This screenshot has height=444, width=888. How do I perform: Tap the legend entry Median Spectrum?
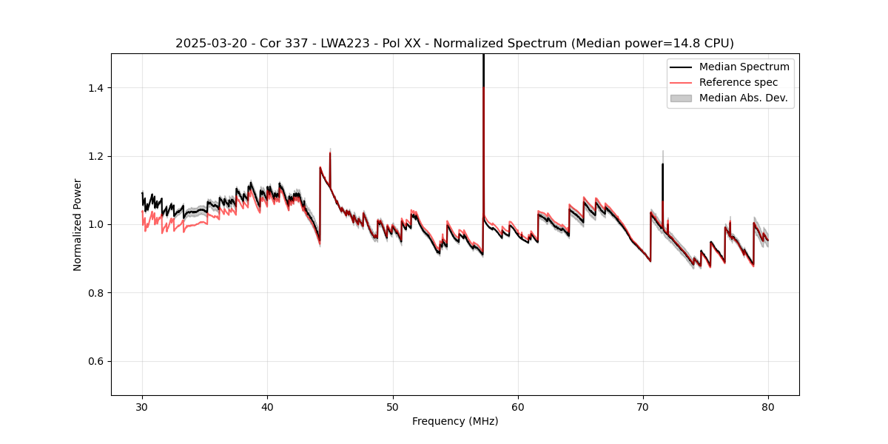[x=744, y=67]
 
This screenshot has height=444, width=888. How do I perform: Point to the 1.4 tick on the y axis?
[x=97, y=88]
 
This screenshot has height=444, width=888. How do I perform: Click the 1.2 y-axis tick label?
[x=97, y=156]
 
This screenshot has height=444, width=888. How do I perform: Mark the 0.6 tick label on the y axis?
[x=97, y=361]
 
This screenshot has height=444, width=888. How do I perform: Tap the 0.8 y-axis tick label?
[x=97, y=293]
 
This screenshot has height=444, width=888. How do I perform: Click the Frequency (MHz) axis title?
[x=455, y=421]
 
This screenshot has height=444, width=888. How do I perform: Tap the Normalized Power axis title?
[x=78, y=224]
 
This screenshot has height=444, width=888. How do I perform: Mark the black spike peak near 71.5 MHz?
[x=662, y=164]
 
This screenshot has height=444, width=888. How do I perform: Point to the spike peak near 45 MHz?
[x=330, y=152]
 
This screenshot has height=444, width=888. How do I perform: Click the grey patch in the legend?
[x=681, y=98]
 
